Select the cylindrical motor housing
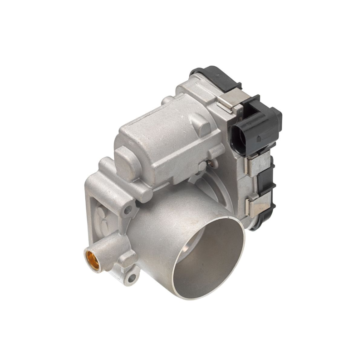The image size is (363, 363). click(163, 136)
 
